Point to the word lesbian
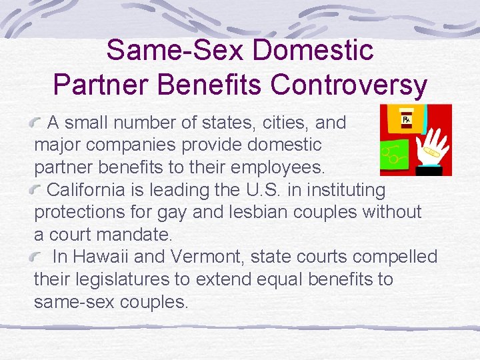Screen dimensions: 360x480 click(287, 212)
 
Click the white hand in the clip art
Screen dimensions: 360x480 click(426, 148)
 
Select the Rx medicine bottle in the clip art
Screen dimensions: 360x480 click(406, 121)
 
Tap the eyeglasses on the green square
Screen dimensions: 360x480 click(392, 157)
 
